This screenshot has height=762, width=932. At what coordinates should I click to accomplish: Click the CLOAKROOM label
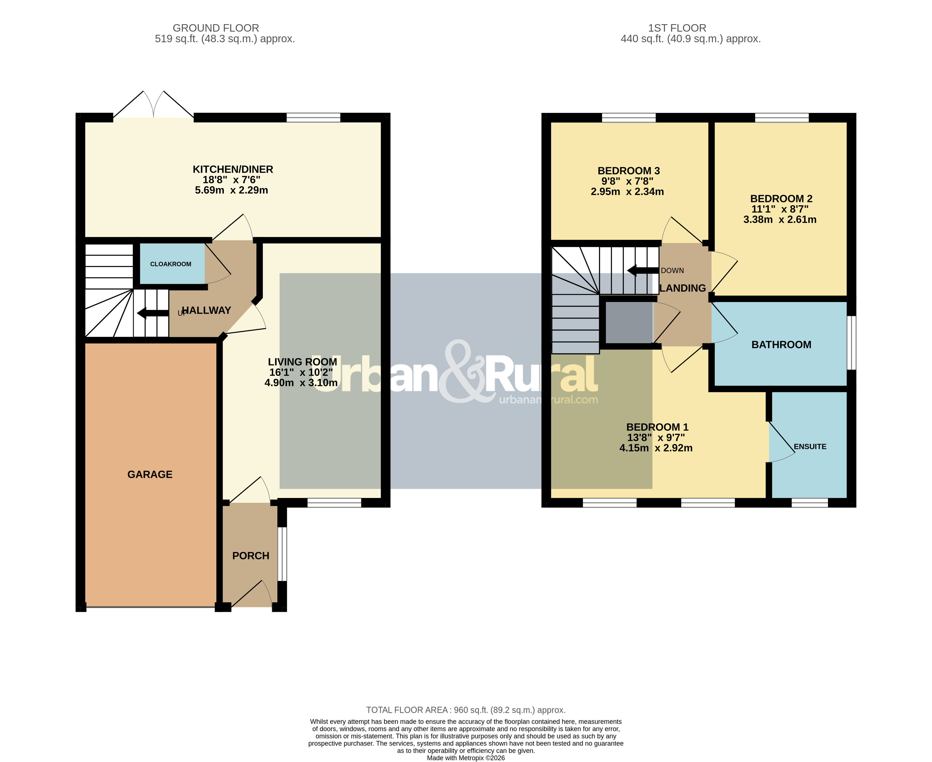point(171,264)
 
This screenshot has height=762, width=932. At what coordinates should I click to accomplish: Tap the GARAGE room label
point(150,475)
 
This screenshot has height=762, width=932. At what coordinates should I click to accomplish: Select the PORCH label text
point(251,556)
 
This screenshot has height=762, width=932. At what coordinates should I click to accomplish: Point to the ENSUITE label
point(810,446)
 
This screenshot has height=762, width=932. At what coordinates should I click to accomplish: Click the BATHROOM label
point(781,345)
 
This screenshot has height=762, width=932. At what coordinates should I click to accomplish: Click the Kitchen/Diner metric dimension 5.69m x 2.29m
point(231,190)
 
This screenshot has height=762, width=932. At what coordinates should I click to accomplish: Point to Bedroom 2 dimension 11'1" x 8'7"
point(780,209)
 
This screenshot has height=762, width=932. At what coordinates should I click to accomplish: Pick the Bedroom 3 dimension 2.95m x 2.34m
point(627,191)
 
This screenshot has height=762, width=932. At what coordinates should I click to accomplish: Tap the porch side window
point(283,554)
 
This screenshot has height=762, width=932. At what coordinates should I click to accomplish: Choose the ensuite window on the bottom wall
point(810,503)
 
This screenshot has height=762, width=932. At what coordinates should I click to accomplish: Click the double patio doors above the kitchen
point(154,104)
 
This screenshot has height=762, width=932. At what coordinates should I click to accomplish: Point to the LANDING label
point(683,288)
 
